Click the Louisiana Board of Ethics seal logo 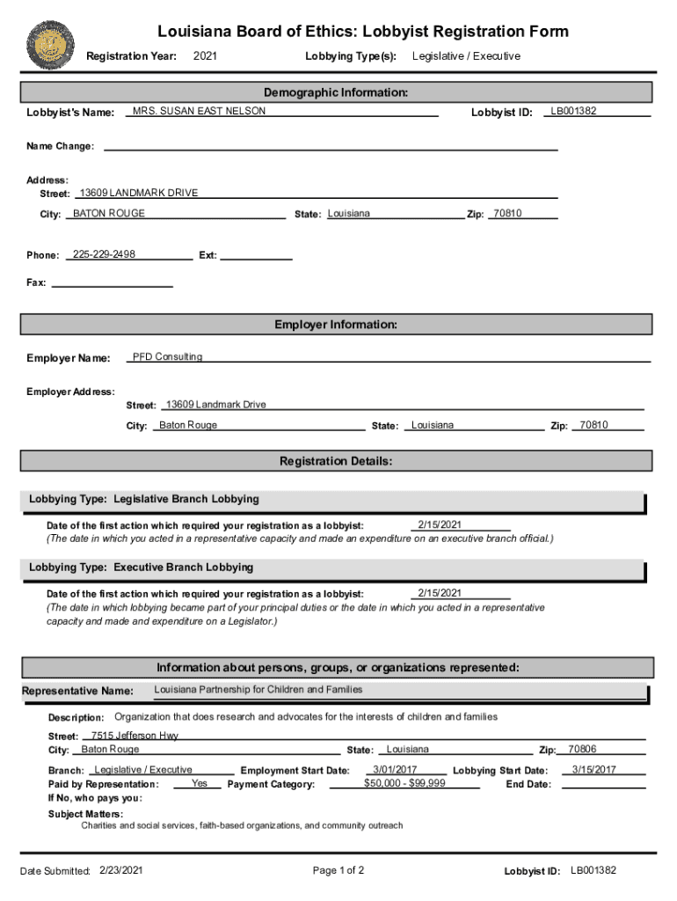point(51,45)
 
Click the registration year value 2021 point(205,56)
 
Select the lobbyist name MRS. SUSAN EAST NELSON point(199,111)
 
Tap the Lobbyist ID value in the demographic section point(573,111)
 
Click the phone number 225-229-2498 point(104,254)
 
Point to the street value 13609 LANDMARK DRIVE point(139,193)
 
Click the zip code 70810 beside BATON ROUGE point(507,213)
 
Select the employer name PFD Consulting point(167,356)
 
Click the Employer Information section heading point(336,325)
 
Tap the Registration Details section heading point(336,461)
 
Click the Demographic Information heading point(336,92)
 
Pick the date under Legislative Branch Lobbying point(440,524)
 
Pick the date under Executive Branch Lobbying point(440,592)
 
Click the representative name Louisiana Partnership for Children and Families point(258,689)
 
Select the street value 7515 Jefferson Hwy point(135,735)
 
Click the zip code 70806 point(582,750)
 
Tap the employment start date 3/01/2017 point(395,770)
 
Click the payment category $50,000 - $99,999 point(404,783)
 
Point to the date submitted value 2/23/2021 point(121,870)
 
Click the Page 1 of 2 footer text point(338,870)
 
